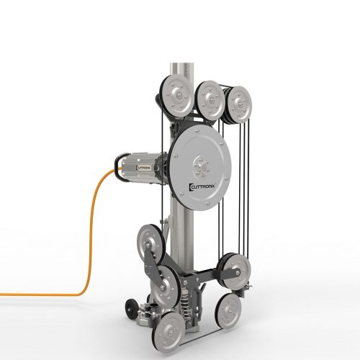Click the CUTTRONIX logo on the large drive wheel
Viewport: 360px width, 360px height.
203,186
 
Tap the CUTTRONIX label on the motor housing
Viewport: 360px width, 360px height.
143,168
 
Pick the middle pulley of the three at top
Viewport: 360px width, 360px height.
210,101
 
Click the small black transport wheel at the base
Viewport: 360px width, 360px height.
131,310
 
